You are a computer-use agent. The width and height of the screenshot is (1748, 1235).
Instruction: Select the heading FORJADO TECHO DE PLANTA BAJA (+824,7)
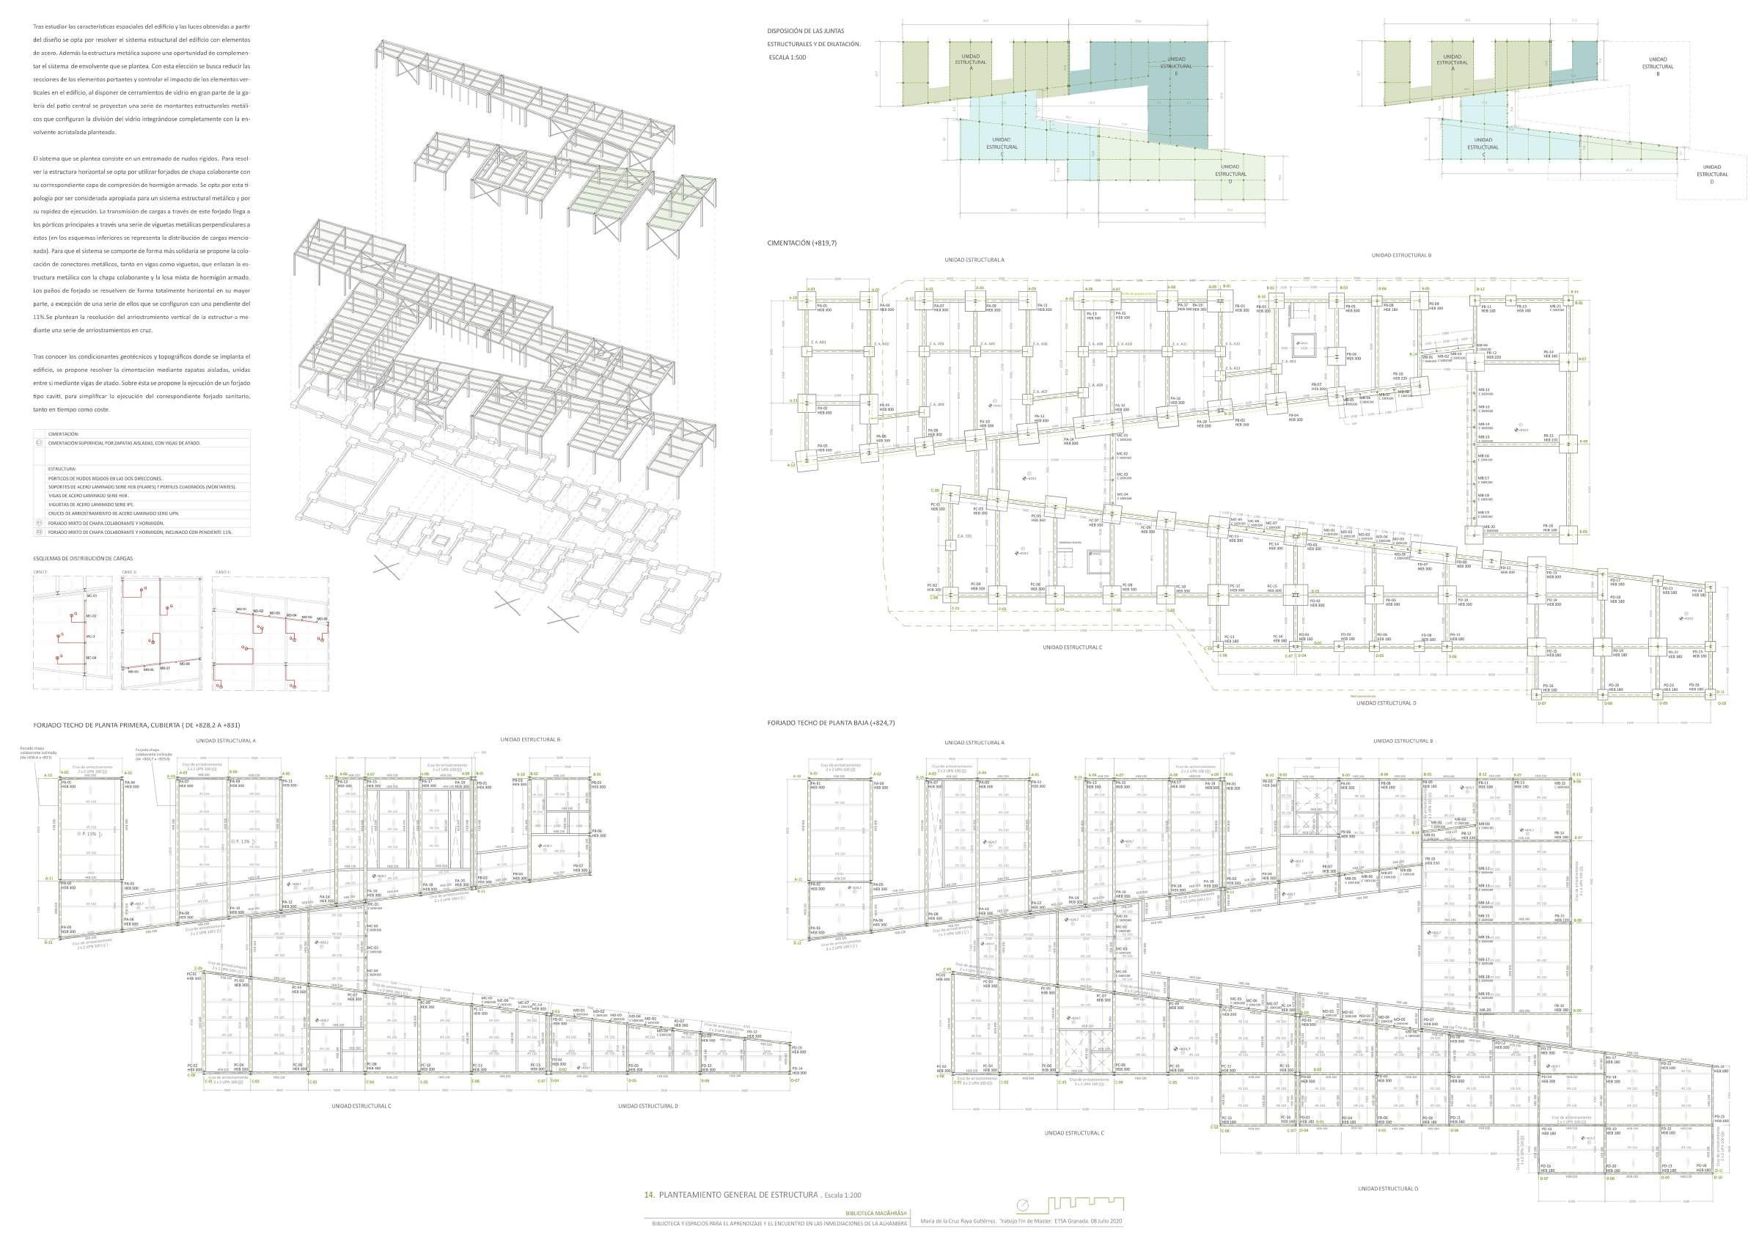[x=831, y=722]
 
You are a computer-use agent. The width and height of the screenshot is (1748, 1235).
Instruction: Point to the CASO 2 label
[x=130, y=572]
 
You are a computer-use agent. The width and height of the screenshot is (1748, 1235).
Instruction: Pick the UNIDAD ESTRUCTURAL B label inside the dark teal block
[x=1175, y=66]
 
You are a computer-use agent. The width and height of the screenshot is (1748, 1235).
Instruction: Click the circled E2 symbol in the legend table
[x=39, y=532]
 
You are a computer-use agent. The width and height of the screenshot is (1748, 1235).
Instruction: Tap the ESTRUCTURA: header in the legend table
[x=62, y=469]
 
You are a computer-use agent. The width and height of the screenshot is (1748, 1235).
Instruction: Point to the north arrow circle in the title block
[x=1022, y=1204]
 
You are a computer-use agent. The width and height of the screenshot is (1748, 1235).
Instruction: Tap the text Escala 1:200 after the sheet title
[x=846, y=1196]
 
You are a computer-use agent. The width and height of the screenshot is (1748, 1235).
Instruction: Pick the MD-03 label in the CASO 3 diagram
[x=274, y=613]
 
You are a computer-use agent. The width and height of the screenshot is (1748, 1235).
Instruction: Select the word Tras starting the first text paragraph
[x=38, y=26]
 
